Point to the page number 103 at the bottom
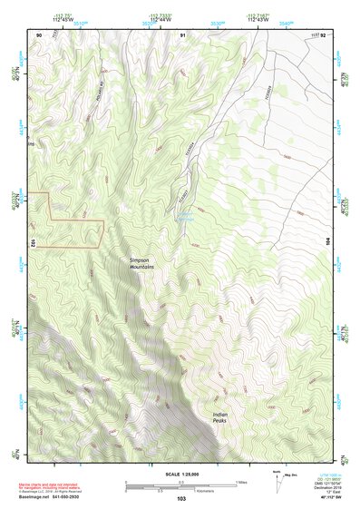180,500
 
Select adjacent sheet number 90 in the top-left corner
39,34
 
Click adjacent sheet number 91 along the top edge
183,34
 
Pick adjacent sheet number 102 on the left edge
32,243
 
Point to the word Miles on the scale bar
240,481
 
